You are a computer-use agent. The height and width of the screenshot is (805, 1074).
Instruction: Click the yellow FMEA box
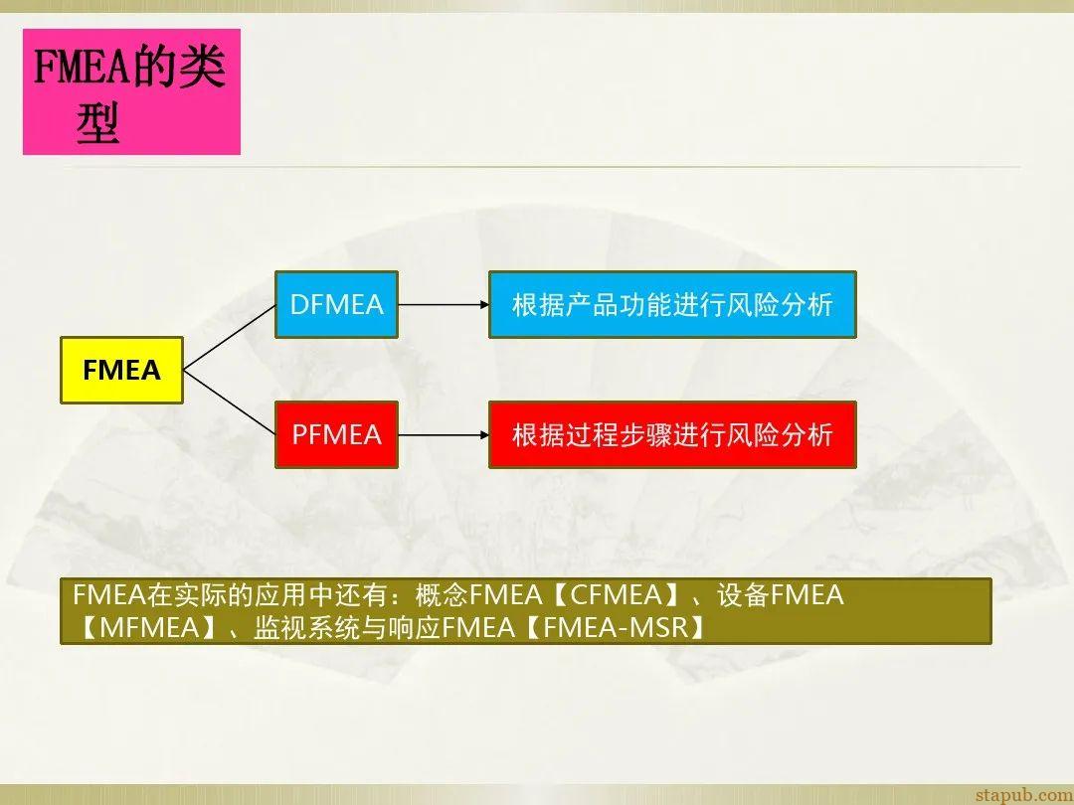click(x=121, y=371)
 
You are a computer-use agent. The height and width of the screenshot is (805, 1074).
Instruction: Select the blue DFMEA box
click(x=336, y=304)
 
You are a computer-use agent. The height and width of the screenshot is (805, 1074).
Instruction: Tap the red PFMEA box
click(x=336, y=434)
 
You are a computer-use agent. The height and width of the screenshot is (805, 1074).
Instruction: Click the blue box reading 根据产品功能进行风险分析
click(x=671, y=304)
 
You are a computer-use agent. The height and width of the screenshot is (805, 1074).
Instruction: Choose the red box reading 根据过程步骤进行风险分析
click(x=671, y=434)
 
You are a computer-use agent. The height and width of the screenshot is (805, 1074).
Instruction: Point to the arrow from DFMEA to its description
click(x=443, y=304)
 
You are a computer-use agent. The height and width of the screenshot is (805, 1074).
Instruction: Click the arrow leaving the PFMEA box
click(x=443, y=434)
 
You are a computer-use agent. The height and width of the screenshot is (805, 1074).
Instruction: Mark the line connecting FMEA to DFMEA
click(x=229, y=338)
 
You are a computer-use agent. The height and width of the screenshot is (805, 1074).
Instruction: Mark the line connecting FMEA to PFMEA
click(x=229, y=402)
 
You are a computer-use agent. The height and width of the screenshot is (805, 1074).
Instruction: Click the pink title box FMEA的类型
click(x=131, y=91)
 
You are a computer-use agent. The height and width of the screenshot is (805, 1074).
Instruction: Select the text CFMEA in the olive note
click(x=616, y=595)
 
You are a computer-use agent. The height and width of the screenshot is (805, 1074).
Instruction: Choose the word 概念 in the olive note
click(x=446, y=595)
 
